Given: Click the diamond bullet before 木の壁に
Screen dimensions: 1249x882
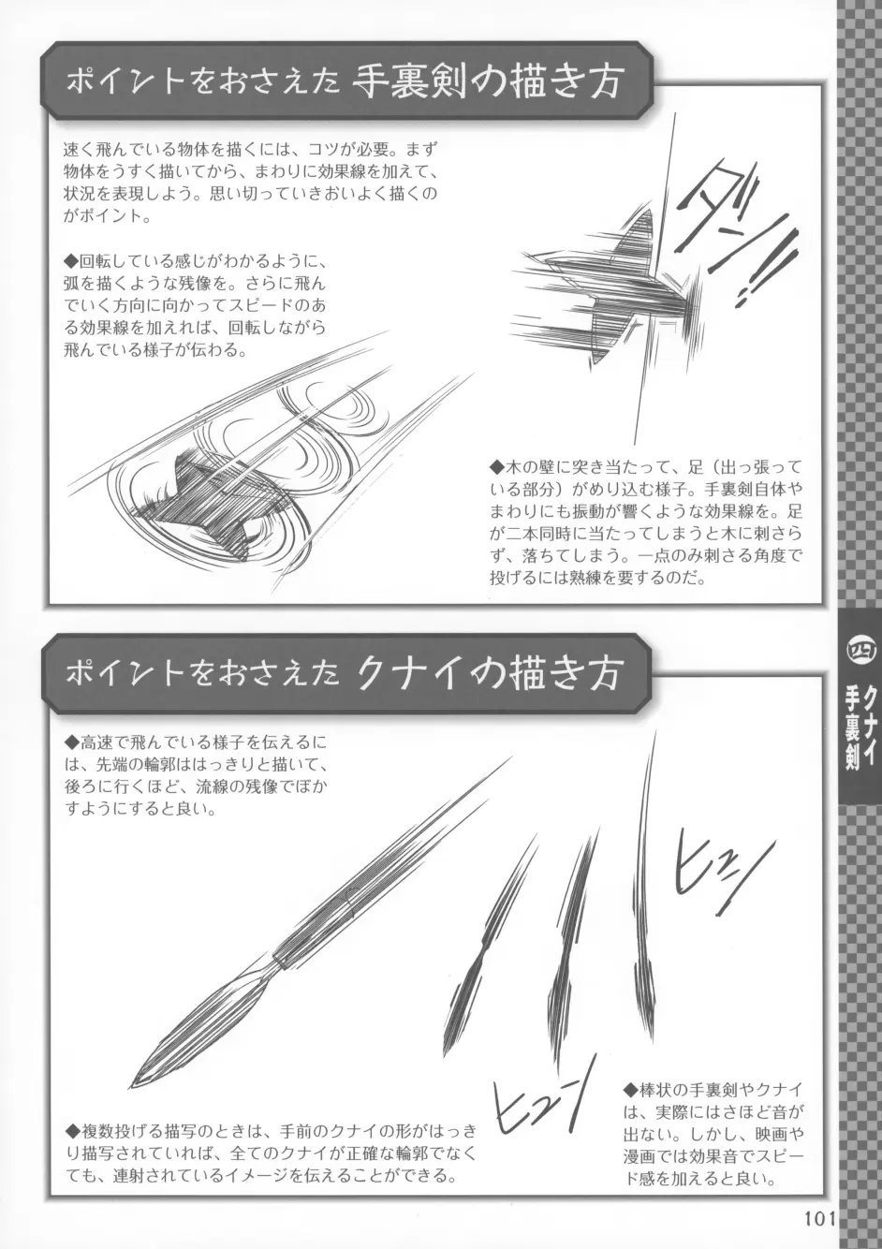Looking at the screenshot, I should point(496,466).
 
